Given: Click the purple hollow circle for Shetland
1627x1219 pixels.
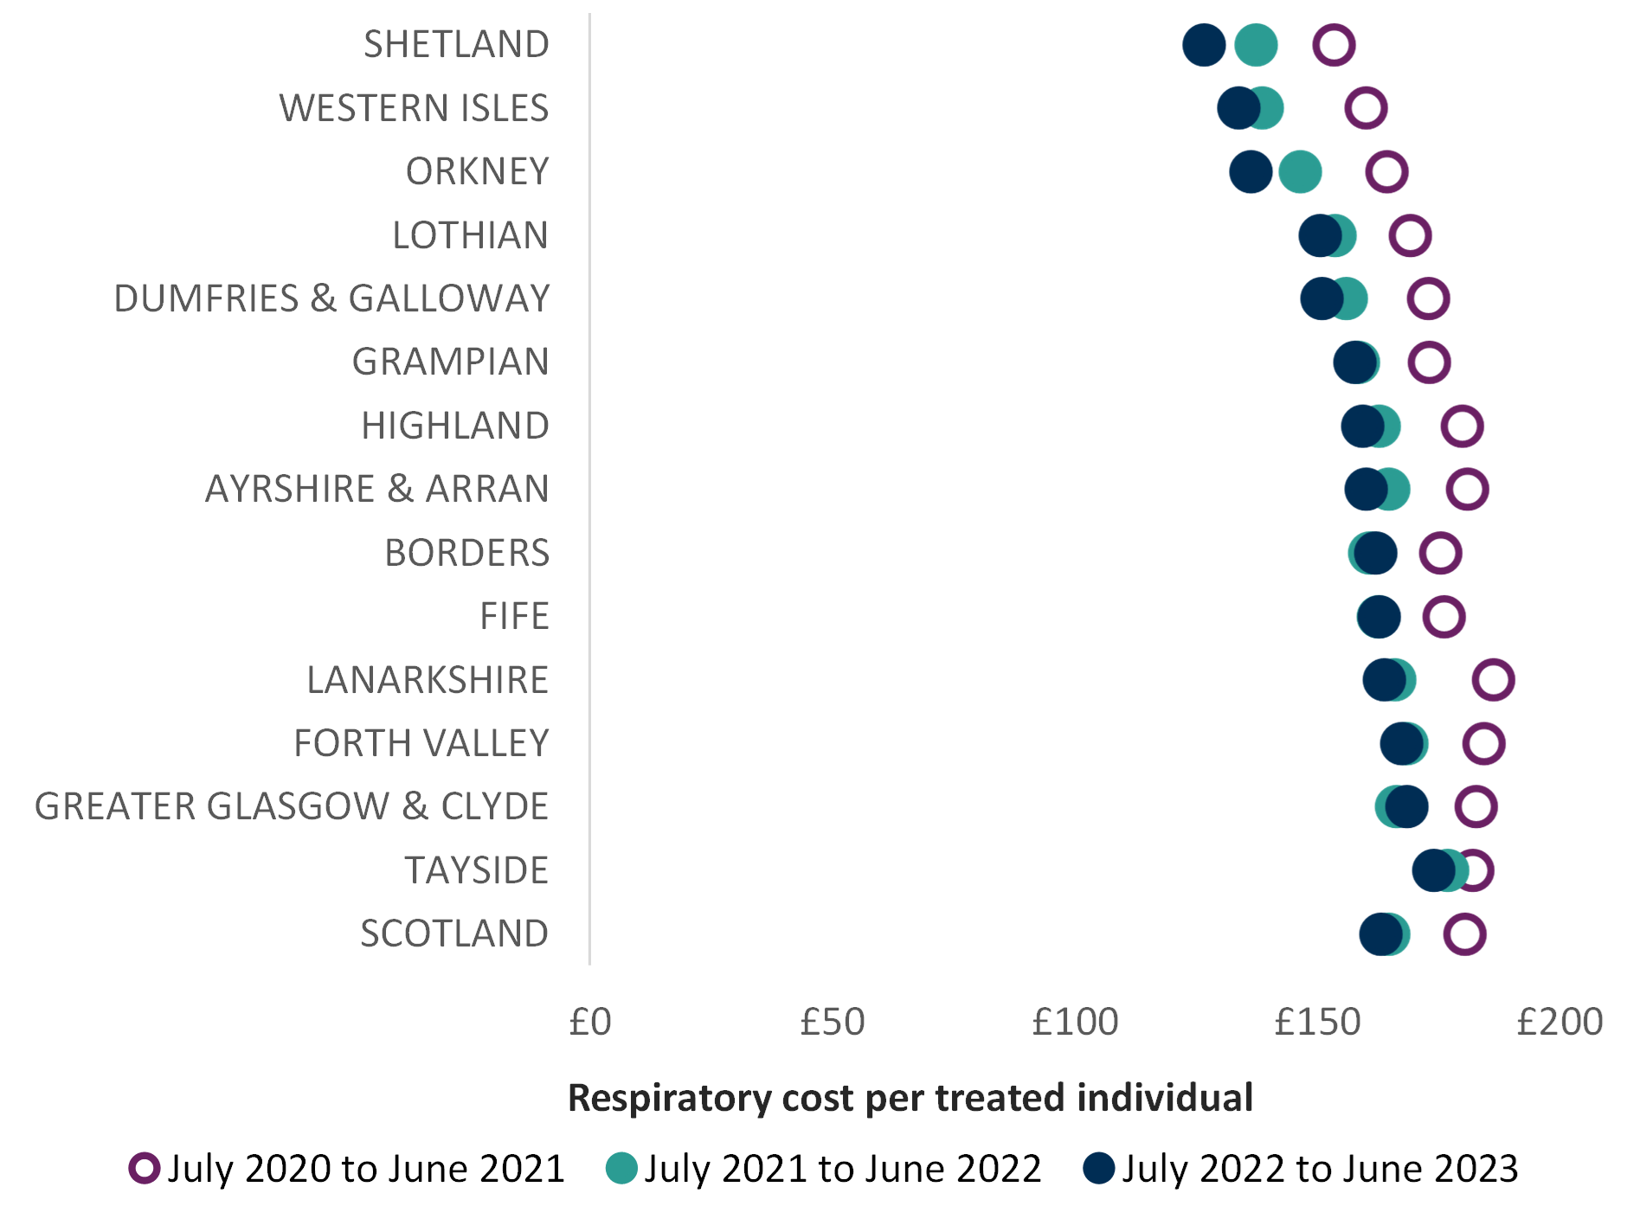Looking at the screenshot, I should pyautogui.click(x=1334, y=45).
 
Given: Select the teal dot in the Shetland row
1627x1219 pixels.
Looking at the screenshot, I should pyautogui.click(x=1257, y=45).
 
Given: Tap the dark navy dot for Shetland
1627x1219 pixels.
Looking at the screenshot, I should pyautogui.click(x=1204, y=45).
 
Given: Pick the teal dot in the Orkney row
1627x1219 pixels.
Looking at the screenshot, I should pyautogui.click(x=1301, y=171).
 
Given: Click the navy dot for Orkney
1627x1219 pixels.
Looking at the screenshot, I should pyautogui.click(x=1251, y=171).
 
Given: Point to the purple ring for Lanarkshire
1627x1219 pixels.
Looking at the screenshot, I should pyautogui.click(x=1494, y=679).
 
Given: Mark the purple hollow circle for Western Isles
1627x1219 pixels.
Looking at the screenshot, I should pyautogui.click(x=1366, y=108).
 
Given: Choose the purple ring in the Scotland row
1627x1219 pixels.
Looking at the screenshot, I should pyautogui.click(x=1465, y=933).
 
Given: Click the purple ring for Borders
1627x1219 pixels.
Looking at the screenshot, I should pyautogui.click(x=1441, y=553).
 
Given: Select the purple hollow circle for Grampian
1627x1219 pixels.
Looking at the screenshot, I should pyautogui.click(x=1429, y=362).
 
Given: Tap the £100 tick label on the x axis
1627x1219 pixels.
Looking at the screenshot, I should pyautogui.click(x=1075, y=1022).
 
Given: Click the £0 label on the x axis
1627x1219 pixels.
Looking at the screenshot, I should pyautogui.click(x=590, y=1022).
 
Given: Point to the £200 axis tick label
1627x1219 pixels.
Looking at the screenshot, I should pyautogui.click(x=1559, y=1022).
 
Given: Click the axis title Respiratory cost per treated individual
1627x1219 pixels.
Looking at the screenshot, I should pyautogui.click(x=910, y=1098).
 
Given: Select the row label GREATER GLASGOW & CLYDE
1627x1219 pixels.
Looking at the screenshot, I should pyautogui.click(x=293, y=806).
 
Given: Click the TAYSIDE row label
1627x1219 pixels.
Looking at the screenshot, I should pyautogui.click(x=477, y=870).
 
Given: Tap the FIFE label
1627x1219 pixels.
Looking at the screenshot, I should pyautogui.click(x=515, y=616).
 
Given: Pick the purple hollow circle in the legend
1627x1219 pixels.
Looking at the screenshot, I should pyautogui.click(x=145, y=1168).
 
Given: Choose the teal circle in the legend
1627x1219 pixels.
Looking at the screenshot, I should pyautogui.click(x=621, y=1168).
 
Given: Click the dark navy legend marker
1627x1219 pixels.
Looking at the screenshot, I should pyautogui.click(x=1099, y=1168).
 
